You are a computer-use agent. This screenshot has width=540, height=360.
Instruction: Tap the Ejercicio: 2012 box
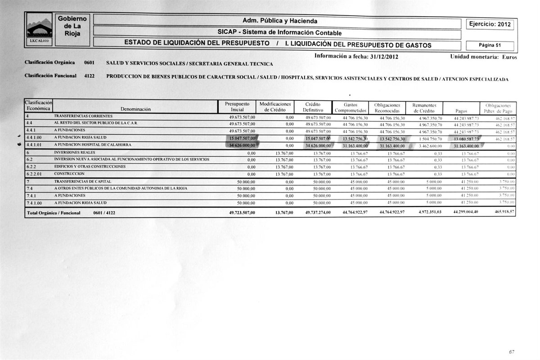(x=490, y=24)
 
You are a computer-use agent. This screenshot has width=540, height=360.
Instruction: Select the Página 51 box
(x=490, y=45)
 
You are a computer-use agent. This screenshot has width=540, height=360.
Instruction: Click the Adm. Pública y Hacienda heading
(x=279, y=21)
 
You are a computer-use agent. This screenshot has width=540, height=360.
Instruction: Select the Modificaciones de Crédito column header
(x=275, y=107)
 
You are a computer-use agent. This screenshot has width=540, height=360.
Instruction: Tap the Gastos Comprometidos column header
(x=350, y=108)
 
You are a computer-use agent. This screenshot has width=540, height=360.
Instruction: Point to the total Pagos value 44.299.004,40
(x=466, y=212)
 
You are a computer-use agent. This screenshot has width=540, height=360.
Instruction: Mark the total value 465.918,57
(x=503, y=212)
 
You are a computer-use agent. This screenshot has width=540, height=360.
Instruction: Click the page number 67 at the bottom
(x=512, y=352)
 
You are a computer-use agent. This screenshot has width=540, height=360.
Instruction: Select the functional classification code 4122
(x=89, y=76)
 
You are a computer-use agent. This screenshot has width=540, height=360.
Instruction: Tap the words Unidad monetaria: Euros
(x=483, y=57)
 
